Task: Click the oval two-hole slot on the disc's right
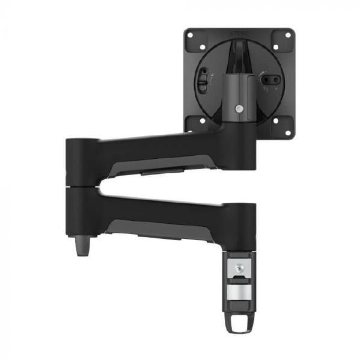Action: click(x=270, y=78)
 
